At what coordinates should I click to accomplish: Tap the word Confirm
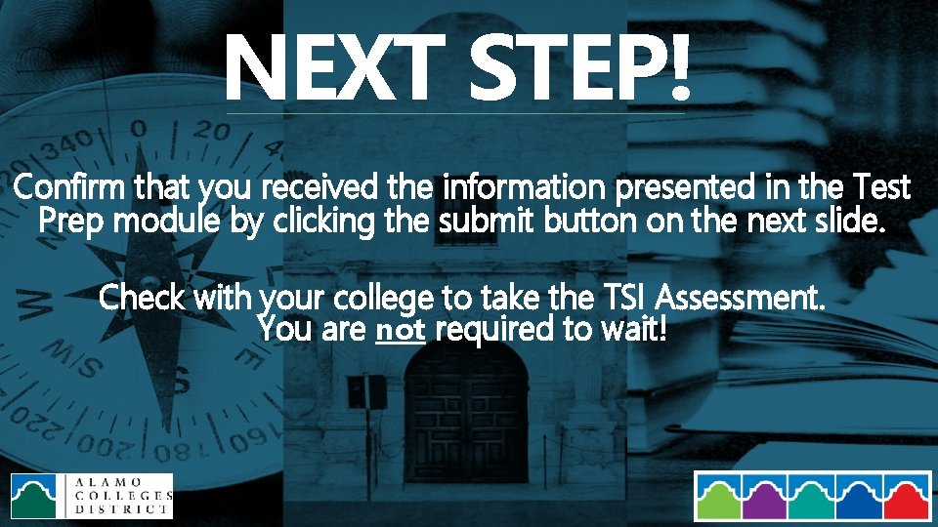point(69,185)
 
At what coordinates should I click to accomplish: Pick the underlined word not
point(401,330)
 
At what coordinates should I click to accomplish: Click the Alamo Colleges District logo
point(91,496)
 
